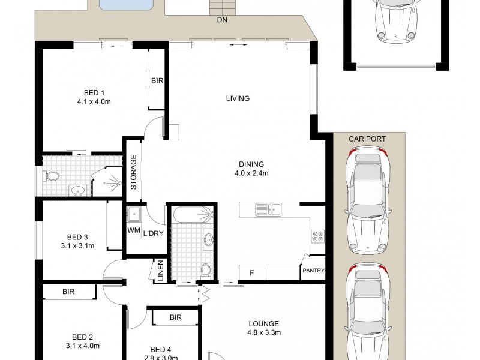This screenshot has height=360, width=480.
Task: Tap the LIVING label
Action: pos(238,98)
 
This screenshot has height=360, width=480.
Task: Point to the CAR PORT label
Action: pos(367,139)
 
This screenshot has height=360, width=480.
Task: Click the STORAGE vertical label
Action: pos(134,173)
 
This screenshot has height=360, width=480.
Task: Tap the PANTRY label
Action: pos(313,271)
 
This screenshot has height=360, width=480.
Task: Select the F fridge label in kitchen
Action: pos(251,272)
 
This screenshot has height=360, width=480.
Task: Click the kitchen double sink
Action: pos(268,209)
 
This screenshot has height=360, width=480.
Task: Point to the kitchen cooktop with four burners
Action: pos(317,236)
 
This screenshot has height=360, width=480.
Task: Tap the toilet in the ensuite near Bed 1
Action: pos(52,176)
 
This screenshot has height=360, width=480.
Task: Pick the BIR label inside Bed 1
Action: pos(157,80)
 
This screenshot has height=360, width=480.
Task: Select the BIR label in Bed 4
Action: pos(176,317)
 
